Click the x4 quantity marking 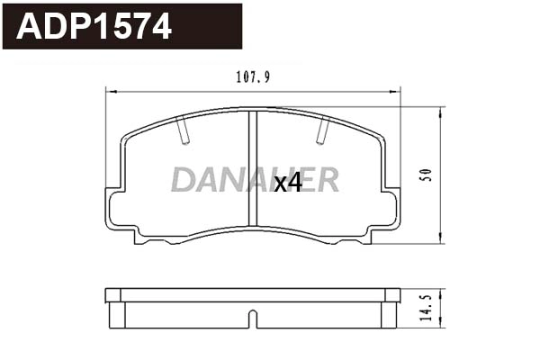[x=287, y=184]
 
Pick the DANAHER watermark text [x=255, y=179]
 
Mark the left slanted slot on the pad [x=184, y=132]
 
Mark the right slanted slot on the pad [x=322, y=132]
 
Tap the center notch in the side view [x=253, y=319]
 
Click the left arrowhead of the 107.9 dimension [x=110, y=90]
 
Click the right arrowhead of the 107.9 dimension [x=396, y=90]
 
